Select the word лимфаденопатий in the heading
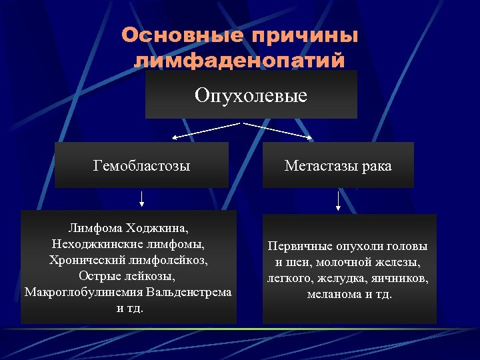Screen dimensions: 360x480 (240, 61)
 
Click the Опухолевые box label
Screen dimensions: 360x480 (251, 95)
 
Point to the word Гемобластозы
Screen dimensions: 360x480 (142, 165)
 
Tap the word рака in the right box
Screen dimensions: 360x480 (376, 165)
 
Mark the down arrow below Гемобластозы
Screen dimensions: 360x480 (142, 198)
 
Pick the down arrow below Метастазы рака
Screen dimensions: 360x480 (339, 201)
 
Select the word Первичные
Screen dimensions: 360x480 (296, 245)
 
